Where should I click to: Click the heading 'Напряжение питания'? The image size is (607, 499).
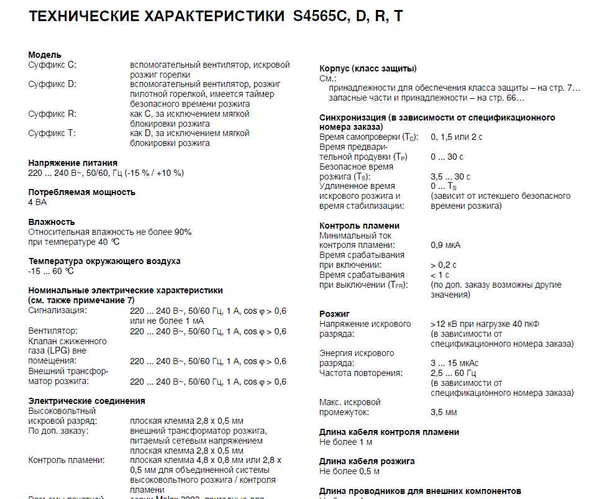tap(64, 163)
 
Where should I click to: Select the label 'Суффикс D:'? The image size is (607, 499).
tap(52, 84)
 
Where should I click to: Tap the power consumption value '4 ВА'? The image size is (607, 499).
tap(37, 202)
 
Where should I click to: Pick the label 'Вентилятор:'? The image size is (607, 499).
tap(53, 331)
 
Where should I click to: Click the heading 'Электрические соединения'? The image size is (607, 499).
tap(87, 401)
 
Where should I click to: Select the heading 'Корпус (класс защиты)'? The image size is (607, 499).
tap(368, 68)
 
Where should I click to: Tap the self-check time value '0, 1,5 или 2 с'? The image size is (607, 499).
tap(457, 137)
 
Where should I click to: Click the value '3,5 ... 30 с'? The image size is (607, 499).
tap(450, 176)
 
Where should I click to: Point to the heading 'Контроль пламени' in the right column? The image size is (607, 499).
tap(359, 226)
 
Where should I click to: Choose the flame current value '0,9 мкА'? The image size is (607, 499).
tap(445, 245)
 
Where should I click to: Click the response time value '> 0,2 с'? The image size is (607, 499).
tap(444, 265)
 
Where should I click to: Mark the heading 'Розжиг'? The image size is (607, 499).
tap(335, 314)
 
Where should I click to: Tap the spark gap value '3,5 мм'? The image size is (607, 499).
tap(444, 412)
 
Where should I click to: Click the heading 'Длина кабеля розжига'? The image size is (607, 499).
tap(367, 461)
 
